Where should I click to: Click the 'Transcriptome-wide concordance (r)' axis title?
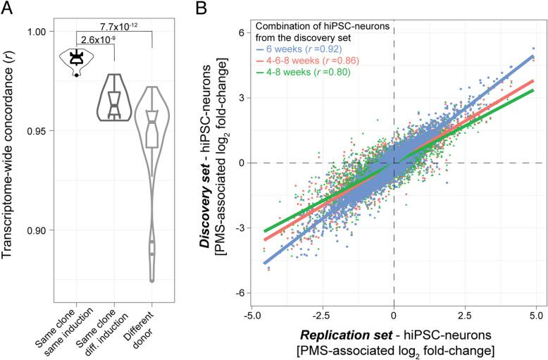click(x=11, y=152)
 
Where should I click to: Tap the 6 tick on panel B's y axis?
click(x=240, y=32)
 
